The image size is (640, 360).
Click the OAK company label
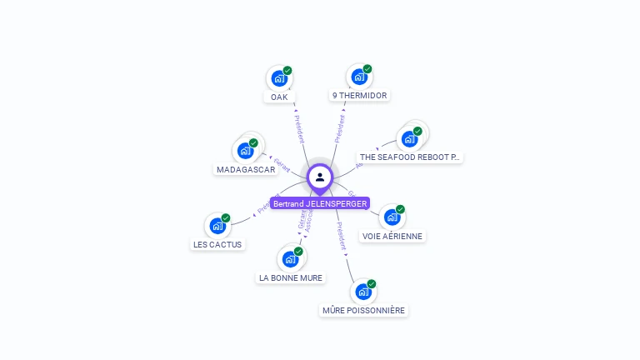point(279,97)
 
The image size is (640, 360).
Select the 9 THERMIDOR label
point(359,96)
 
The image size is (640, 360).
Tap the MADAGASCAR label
point(246,169)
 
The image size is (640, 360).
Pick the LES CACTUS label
point(217,244)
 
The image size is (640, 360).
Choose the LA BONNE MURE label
point(291,277)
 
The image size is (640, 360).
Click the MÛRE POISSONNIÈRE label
point(363,310)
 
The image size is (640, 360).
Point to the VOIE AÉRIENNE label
point(392,236)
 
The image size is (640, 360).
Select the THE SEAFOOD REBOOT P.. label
point(409,157)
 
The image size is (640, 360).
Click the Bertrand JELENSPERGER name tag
point(319,203)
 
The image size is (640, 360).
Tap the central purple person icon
point(320,177)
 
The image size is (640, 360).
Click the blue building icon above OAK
point(278,79)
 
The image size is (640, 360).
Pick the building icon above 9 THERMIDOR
point(358,77)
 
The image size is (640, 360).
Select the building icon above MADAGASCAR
point(245,151)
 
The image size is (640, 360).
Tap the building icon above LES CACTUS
point(217,226)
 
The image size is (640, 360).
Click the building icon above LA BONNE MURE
point(290,259)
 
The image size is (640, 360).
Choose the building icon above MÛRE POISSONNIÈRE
point(362,292)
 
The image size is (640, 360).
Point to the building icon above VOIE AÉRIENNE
point(392,217)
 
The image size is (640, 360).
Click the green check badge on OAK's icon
point(287,71)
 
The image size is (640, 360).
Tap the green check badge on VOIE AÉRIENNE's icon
point(400,209)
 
